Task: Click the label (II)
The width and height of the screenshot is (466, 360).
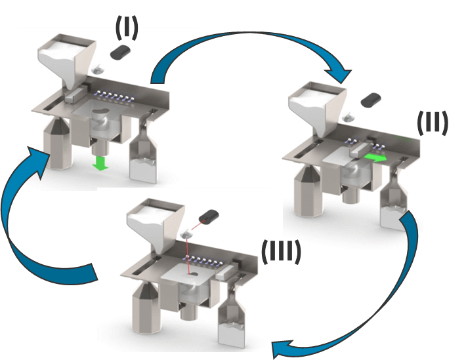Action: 433,123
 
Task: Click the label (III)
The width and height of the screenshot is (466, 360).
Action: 281,252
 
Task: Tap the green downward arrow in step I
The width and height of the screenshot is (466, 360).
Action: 100,163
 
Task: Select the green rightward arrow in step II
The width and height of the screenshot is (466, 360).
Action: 375,158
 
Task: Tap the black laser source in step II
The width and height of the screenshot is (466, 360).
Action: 371,100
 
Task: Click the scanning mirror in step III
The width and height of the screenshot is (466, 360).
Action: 186,235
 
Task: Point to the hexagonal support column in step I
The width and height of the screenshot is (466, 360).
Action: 57,142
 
